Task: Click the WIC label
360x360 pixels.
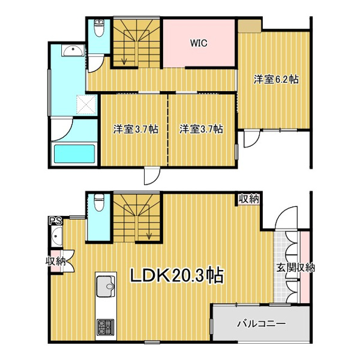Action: (x=199, y=43)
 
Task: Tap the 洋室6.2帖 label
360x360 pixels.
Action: (x=276, y=79)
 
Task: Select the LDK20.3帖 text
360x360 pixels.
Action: (x=177, y=275)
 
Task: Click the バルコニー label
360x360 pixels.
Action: (x=262, y=324)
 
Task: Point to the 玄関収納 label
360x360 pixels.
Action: (x=295, y=268)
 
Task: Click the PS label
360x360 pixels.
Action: (x=55, y=221)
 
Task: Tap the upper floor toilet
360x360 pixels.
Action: (x=99, y=28)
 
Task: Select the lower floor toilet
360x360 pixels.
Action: (x=99, y=203)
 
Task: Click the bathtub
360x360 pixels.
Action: (x=74, y=154)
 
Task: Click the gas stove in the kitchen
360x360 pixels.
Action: (x=106, y=327)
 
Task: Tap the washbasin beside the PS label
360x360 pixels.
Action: (x=57, y=236)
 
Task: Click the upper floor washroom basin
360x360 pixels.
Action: (x=73, y=50)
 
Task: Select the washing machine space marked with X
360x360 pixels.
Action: (x=86, y=104)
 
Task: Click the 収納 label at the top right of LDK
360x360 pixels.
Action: (x=250, y=199)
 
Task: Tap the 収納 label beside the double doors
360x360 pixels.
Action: (x=56, y=261)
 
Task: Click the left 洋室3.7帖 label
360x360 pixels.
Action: (x=136, y=129)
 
